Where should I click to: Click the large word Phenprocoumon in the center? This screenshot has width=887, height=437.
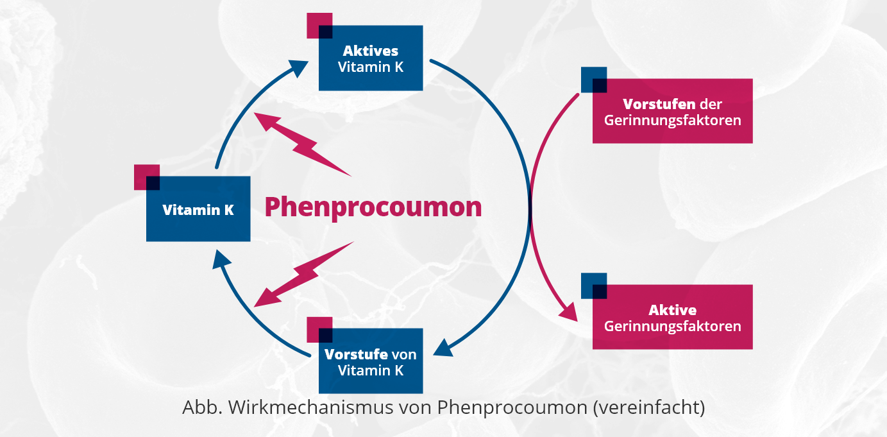coord(373,207)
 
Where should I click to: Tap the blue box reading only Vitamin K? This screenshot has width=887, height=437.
coord(198,209)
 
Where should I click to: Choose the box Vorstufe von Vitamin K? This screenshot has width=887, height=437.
coord(371,361)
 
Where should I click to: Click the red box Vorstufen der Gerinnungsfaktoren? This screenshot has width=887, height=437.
coord(672,111)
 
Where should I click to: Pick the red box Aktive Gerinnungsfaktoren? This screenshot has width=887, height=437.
coord(672,318)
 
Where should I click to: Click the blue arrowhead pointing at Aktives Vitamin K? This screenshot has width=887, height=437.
coord(298,67)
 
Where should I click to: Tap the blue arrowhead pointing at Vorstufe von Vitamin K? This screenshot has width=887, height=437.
coord(444,348)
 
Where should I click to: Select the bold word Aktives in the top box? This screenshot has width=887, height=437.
coord(370,51)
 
